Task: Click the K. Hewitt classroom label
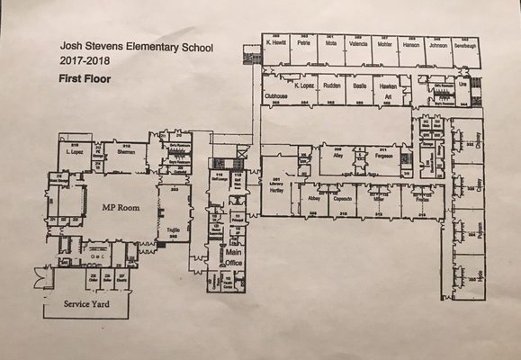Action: [x=276, y=42]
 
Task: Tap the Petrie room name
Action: [x=305, y=42]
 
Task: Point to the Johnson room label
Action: [x=438, y=42]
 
